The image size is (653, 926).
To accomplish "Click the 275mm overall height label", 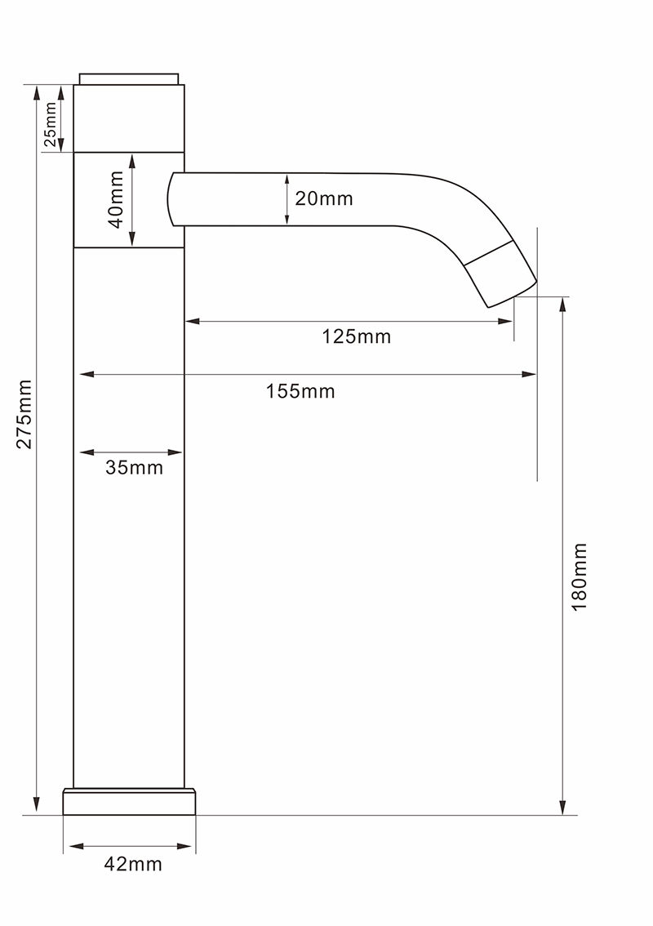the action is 24,414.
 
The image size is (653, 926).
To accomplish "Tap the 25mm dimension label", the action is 50,124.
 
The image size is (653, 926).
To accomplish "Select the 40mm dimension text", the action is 116,199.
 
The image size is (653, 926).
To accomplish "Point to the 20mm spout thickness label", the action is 323,198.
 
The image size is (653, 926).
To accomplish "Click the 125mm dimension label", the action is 356,336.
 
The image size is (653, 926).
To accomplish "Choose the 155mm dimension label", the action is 300,391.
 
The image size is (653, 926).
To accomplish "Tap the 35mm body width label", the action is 134,468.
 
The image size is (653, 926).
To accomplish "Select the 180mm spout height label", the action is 580,577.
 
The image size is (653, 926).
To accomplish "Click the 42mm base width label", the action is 133,865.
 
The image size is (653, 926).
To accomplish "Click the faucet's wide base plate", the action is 129,802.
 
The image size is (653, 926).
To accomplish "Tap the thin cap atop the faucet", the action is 129,79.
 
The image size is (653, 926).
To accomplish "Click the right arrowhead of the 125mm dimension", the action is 505,321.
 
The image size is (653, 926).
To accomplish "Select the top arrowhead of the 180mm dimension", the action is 562,305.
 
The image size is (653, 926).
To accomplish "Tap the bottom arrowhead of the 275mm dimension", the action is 37,805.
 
